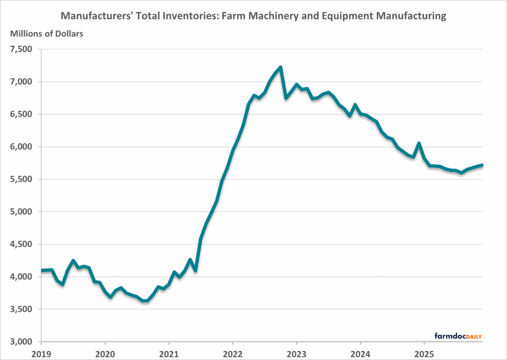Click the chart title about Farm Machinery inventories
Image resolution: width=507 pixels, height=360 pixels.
coord(253,16)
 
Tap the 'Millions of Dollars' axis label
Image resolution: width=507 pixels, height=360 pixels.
coord(46,34)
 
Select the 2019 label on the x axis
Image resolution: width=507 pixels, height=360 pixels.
coord(41,353)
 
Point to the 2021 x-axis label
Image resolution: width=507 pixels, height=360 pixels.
coord(169,353)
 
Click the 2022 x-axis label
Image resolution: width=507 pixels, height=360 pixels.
coord(232,353)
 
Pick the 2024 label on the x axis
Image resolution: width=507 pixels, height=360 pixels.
coord(360,353)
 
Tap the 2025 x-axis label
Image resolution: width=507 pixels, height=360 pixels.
coord(424,353)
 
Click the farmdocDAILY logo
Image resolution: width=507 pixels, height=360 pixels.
coord(458,336)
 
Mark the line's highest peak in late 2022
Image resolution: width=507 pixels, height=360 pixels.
coord(280,67)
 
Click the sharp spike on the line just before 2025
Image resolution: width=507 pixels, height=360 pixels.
coord(418,143)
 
